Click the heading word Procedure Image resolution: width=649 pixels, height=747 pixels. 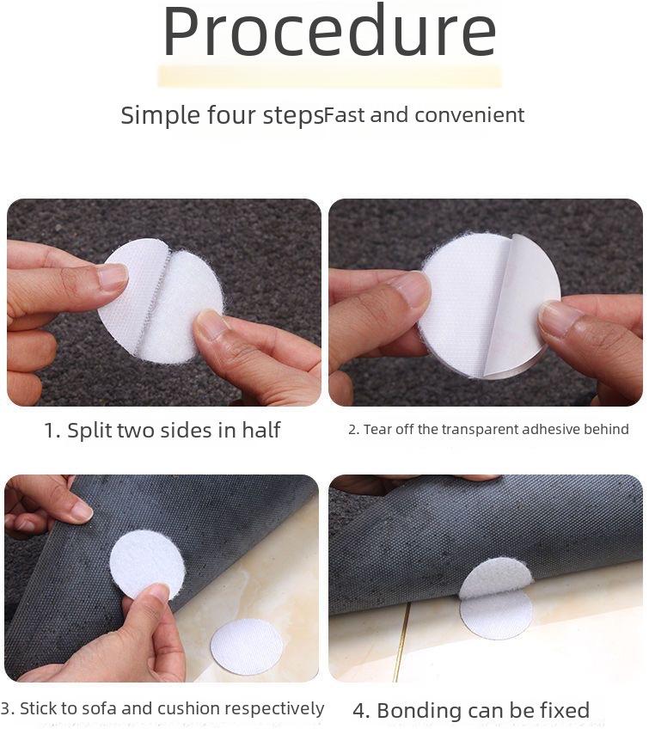click(329, 33)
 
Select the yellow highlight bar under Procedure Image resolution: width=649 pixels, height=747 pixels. click(329, 76)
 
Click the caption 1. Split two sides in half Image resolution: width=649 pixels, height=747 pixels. click(162, 430)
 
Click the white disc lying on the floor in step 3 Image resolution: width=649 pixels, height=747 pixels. click(247, 646)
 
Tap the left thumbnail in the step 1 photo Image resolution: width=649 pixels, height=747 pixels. click(113, 276)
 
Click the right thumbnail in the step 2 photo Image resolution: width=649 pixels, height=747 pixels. click(560, 319)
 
